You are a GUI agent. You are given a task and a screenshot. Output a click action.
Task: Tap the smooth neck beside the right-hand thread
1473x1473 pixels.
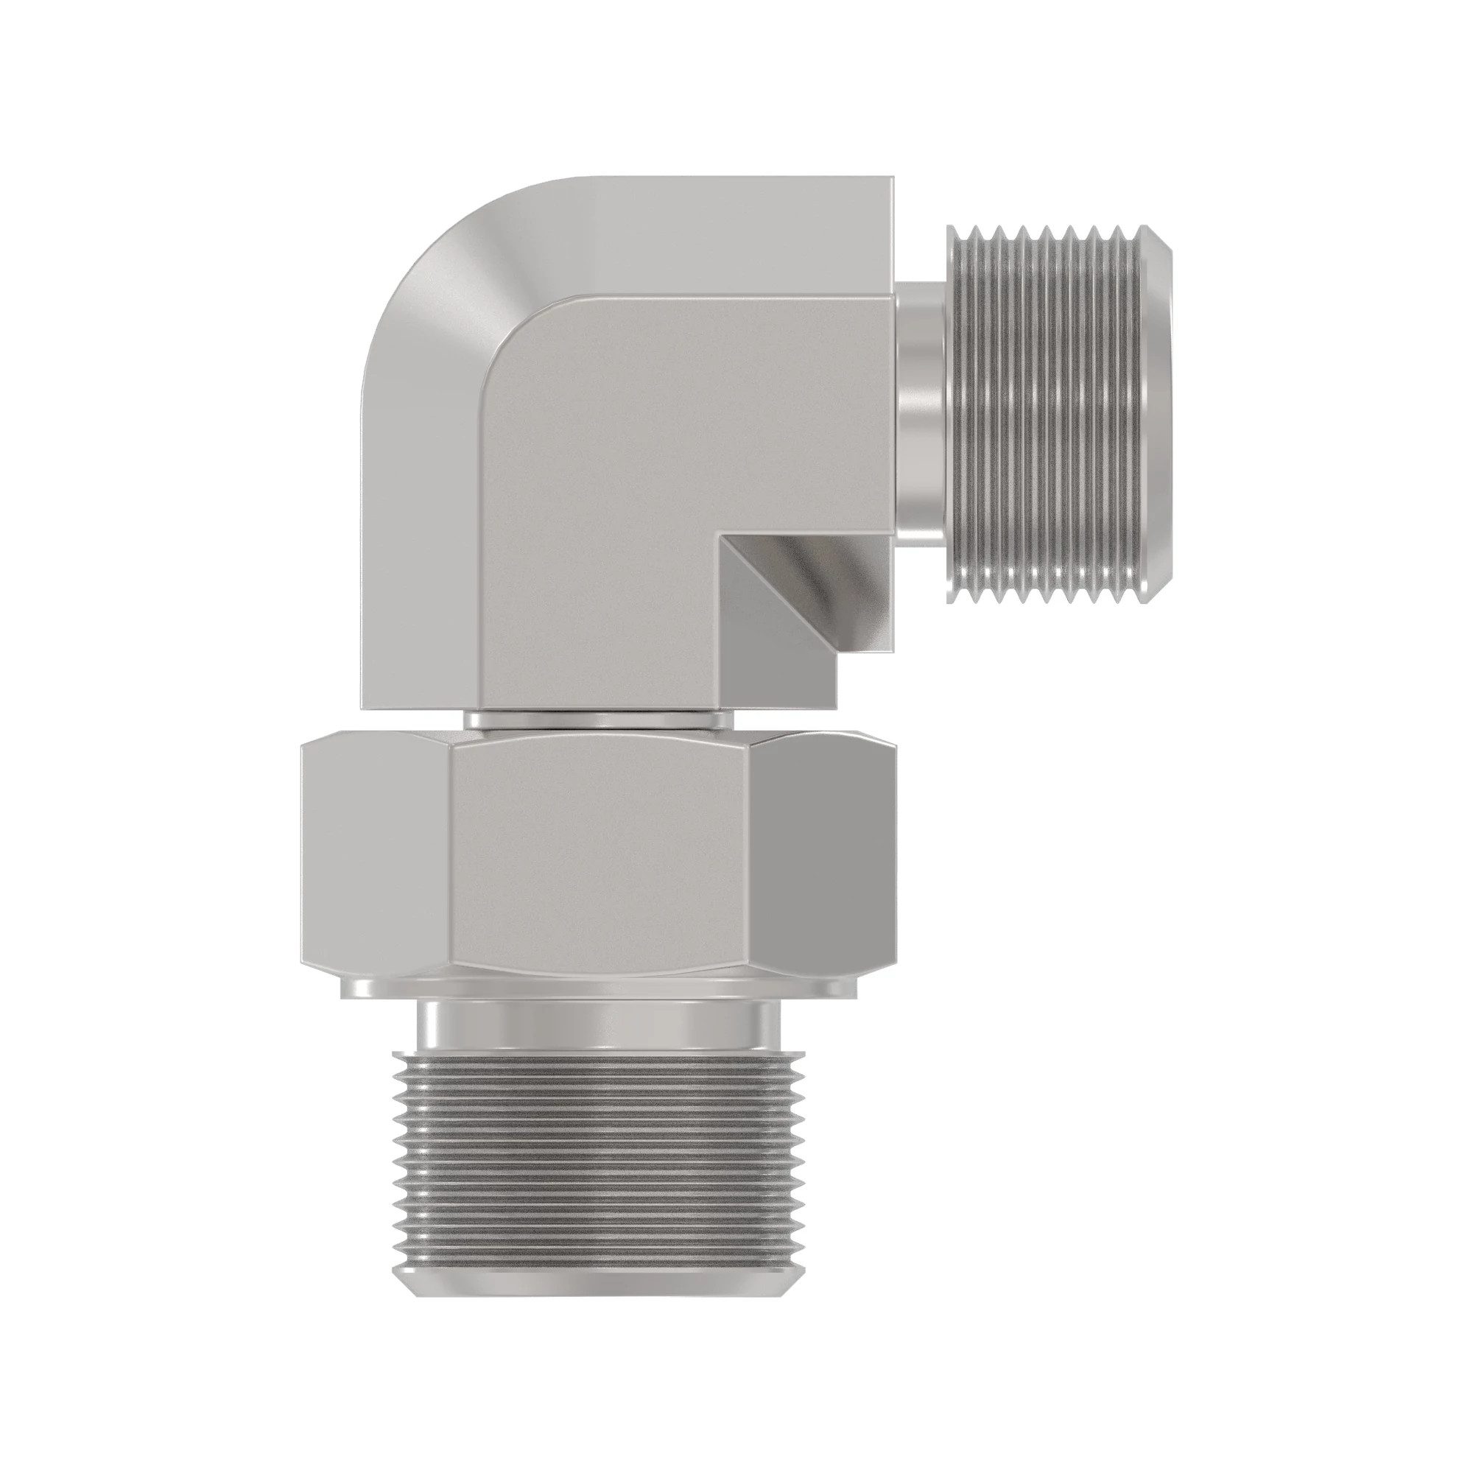coord(920,412)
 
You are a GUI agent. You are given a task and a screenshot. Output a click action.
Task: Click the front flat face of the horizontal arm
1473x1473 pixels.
coord(686,419)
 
